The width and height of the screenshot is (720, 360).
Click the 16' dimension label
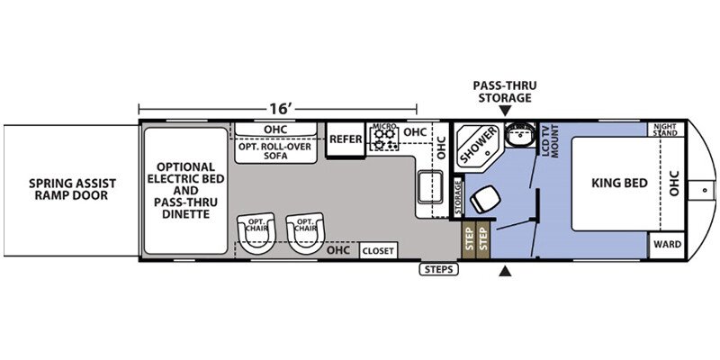[281, 108]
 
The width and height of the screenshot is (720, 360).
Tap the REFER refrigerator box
[346, 139]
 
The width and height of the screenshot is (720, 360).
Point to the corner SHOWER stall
[478, 145]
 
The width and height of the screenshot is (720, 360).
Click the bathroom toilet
[485, 199]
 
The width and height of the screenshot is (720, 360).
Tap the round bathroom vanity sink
[520, 134]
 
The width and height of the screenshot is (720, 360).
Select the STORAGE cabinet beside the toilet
[458, 197]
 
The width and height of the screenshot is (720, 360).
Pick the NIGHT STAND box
[665, 130]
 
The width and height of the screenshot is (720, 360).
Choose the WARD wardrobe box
[667, 244]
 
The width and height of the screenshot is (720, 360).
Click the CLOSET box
[378, 251]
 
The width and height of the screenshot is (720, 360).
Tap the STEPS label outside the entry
[439, 269]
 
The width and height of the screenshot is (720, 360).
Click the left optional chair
[256, 232]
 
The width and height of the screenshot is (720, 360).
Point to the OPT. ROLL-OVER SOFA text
[275, 151]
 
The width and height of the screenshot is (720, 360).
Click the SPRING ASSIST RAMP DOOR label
[73, 189]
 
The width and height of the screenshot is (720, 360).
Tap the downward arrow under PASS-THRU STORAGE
[505, 111]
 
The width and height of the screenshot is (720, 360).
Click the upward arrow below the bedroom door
[505, 272]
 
